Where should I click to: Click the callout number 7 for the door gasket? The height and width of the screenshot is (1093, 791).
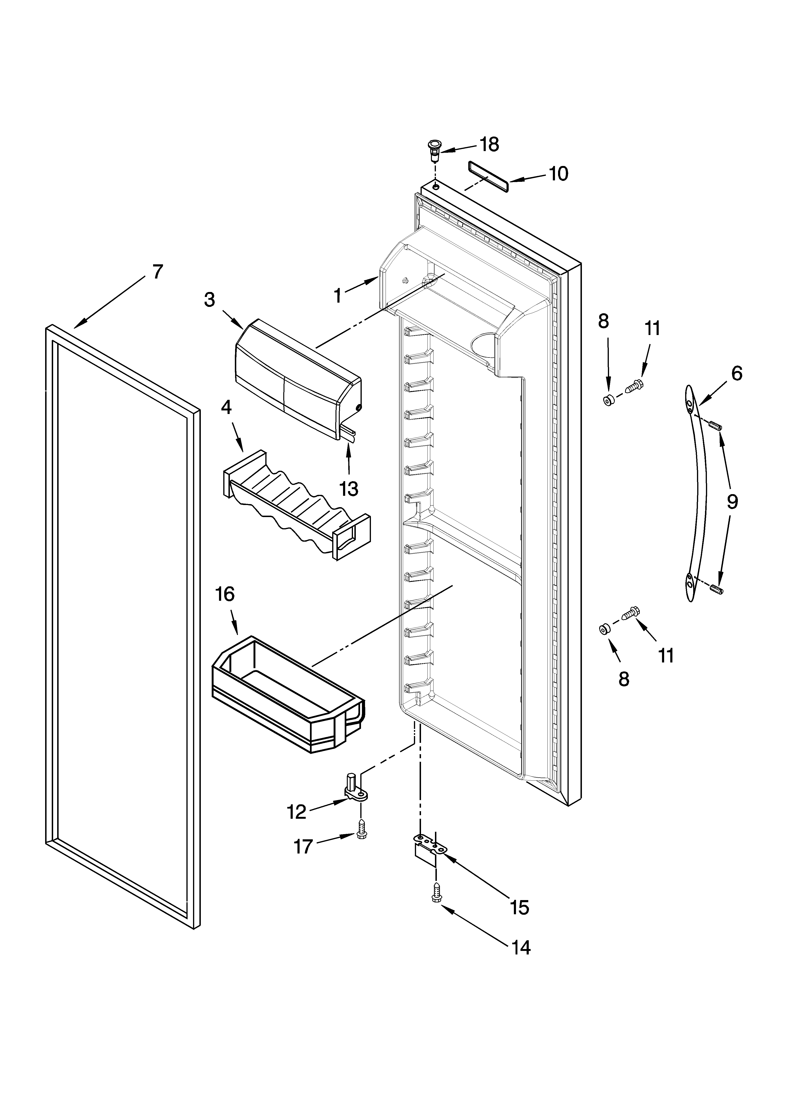click(158, 272)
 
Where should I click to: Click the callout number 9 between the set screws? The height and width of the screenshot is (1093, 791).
click(732, 503)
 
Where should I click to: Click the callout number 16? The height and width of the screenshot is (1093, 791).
click(225, 594)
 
